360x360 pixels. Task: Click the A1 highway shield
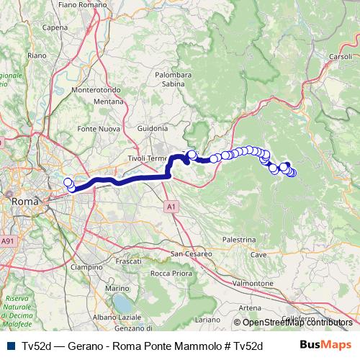point(171,207)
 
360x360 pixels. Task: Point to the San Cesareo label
point(191,253)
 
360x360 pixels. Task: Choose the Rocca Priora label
point(170,274)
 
